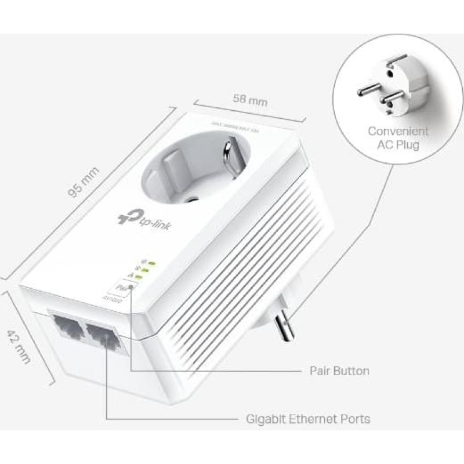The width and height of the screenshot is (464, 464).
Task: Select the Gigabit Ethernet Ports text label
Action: coord(307,418)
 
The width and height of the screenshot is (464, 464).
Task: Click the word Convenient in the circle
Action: coord(398,132)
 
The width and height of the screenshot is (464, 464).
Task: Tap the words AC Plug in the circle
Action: coord(398,145)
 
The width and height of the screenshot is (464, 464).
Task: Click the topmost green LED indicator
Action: coord(151,263)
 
